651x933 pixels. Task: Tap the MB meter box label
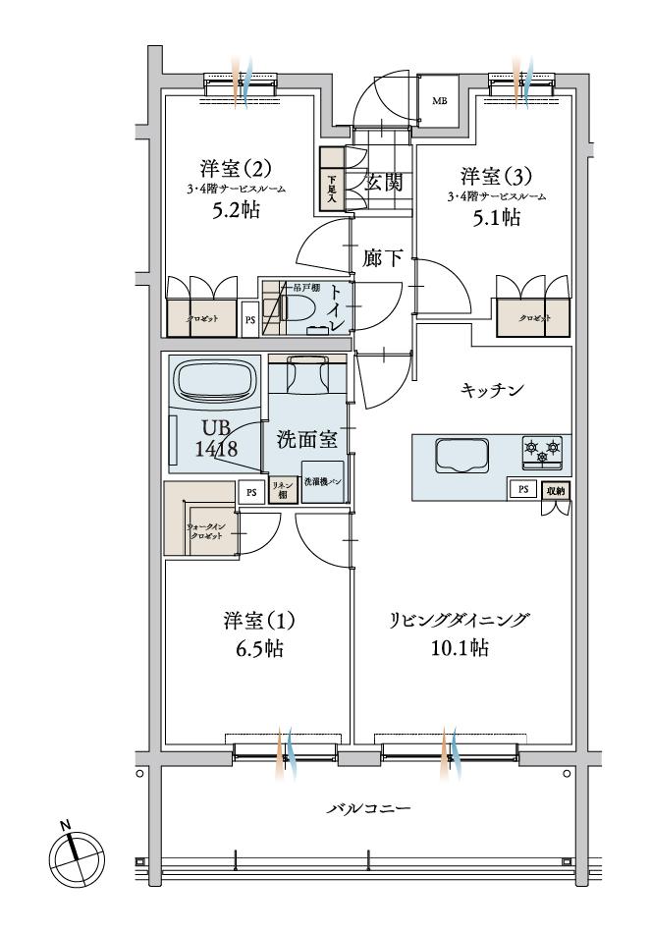pos(439,99)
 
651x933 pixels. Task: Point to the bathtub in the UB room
pos(213,379)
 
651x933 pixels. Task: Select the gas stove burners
pos(543,450)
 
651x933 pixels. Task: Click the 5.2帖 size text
pos(236,211)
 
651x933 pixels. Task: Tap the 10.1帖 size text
pos(460,649)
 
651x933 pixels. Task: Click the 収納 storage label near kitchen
pos(556,488)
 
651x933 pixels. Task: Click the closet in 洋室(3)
pos(534,318)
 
